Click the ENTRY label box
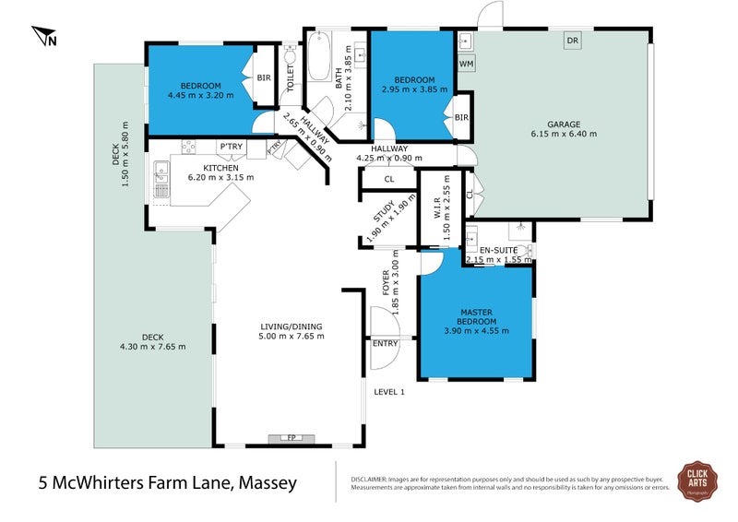[x=385, y=343]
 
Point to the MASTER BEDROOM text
[x=476, y=316]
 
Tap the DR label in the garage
[x=573, y=41]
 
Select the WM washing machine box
[x=466, y=63]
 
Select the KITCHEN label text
[x=221, y=167]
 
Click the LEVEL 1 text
[x=389, y=392]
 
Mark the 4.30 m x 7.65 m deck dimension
[x=151, y=347]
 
